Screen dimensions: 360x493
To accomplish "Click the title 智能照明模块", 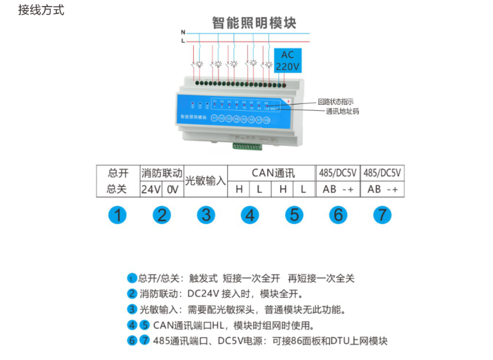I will [x=254, y=23].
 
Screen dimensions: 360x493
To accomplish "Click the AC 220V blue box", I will [x=287, y=60].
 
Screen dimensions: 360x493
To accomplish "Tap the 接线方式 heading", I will [x=41, y=10].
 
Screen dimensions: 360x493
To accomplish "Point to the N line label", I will [x=183, y=32].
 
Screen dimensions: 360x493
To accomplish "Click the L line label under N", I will [x=183, y=41].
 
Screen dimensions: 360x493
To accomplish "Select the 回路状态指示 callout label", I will [x=336, y=102].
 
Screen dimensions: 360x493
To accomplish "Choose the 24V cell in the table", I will [x=151, y=190].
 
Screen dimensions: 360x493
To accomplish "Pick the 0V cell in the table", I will [x=173, y=190].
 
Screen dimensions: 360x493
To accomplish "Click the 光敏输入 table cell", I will [x=206, y=181].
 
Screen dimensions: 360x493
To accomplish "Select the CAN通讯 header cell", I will [x=271, y=173].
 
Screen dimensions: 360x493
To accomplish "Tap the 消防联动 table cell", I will [x=162, y=173].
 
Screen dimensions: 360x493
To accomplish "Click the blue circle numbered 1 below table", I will [x=118, y=215].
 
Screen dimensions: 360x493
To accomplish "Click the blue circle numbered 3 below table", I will [x=206, y=215].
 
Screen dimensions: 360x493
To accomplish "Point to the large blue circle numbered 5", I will [x=294, y=215].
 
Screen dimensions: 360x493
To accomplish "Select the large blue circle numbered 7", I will [x=383, y=215].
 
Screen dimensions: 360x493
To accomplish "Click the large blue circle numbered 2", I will [x=162, y=215].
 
